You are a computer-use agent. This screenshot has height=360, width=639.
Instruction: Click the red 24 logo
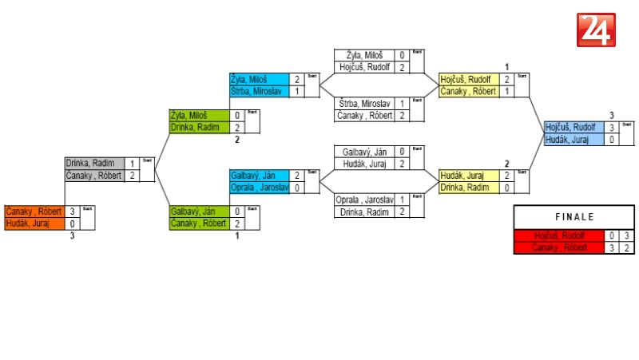tap(596, 30)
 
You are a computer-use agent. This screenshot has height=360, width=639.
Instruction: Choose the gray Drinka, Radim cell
tap(94, 164)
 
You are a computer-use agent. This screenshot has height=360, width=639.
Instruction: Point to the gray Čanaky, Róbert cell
tap(94, 176)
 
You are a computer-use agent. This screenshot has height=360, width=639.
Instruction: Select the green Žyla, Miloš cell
tap(198, 116)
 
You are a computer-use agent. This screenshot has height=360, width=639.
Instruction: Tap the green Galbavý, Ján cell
tap(198, 212)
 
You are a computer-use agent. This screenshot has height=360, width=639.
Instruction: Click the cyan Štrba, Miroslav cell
tap(259, 92)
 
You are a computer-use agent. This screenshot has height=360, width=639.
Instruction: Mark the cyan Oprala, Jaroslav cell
tap(259, 188)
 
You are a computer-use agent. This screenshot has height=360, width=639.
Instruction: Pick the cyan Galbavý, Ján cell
tap(259, 176)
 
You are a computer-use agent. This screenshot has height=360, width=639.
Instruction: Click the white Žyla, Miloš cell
tap(364, 56)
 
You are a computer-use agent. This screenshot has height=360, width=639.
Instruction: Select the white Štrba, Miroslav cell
tap(364, 104)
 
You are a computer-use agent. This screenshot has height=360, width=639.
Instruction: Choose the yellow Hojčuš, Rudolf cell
tap(468, 80)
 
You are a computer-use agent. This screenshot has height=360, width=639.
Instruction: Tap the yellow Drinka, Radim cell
tap(468, 188)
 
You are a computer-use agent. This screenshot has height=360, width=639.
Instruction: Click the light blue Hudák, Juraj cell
tap(572, 140)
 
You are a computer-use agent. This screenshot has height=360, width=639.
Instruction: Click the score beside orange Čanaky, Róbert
tap(73, 212)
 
